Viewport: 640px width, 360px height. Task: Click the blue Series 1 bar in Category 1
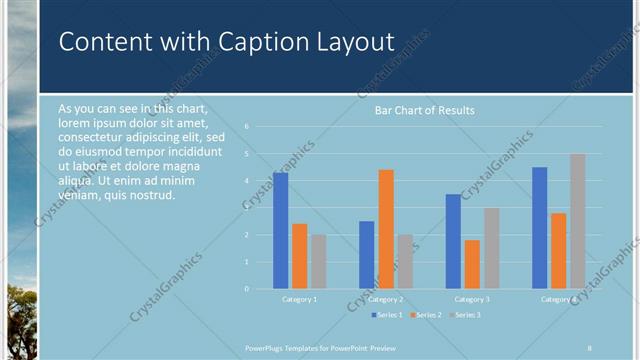pyautogui.click(x=280, y=231)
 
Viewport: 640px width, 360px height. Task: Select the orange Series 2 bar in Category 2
pyautogui.click(x=385, y=229)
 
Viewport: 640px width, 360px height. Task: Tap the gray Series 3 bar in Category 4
pyautogui.click(x=577, y=221)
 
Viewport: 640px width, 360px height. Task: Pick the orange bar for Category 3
pyautogui.click(x=472, y=264)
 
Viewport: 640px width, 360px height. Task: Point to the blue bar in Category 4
pyautogui.click(x=540, y=228)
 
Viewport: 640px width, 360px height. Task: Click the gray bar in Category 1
pyautogui.click(x=318, y=262)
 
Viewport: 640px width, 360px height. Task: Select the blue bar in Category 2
pyautogui.click(x=367, y=255)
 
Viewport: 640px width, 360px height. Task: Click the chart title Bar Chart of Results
pyautogui.click(x=424, y=110)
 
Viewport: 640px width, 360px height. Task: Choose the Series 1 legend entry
pyautogui.click(x=388, y=315)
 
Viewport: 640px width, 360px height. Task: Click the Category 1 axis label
pyautogui.click(x=299, y=299)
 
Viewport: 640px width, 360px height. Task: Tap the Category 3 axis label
pyautogui.click(x=472, y=299)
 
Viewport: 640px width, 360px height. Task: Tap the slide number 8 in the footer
pyautogui.click(x=590, y=347)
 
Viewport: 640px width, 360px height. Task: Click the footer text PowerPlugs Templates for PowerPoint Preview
pyautogui.click(x=327, y=347)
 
